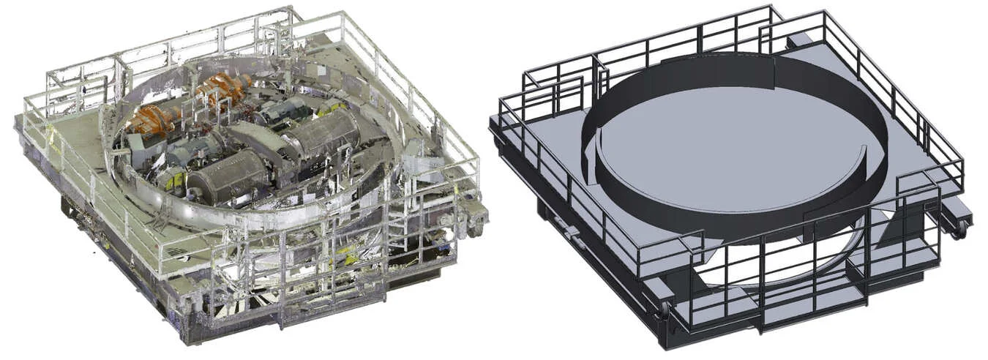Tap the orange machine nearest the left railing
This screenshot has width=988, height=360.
tap(154, 121)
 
